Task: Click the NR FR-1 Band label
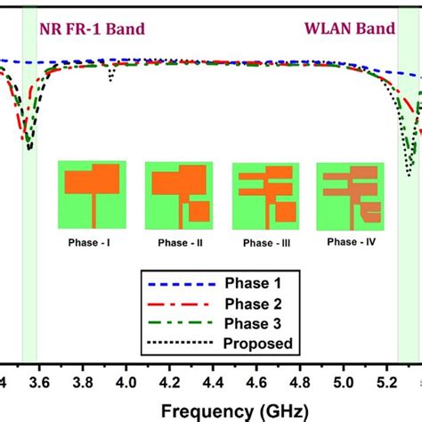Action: tap(92, 28)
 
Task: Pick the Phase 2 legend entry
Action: tap(248, 304)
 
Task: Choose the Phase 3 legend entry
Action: tap(248, 324)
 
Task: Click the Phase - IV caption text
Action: tap(350, 241)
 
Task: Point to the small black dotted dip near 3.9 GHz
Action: tap(110, 80)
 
